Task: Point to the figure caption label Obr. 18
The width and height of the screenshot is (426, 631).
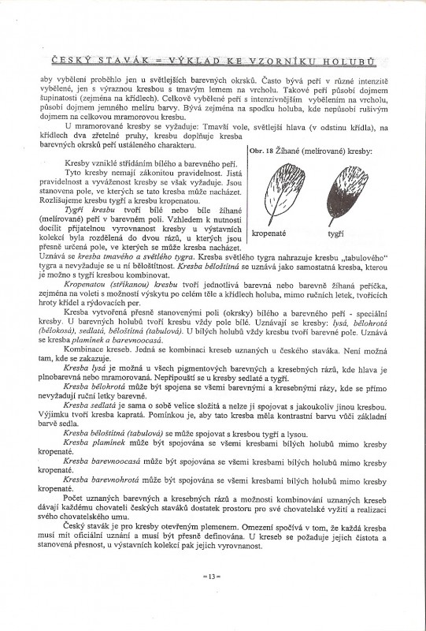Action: (x=262, y=149)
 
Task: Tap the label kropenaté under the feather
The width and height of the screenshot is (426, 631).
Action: (x=270, y=233)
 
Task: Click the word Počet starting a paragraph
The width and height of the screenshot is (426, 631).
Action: (x=76, y=499)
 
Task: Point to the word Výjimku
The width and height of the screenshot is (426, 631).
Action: (x=58, y=421)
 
